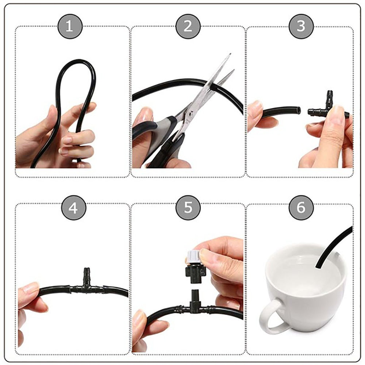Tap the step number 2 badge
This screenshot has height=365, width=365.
tap(188, 26)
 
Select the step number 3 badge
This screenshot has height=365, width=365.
tap(301, 26)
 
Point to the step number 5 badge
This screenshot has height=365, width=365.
tap(188, 208)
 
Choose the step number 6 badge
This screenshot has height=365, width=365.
tap(301, 208)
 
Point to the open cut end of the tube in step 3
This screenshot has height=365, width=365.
tap(298, 110)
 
